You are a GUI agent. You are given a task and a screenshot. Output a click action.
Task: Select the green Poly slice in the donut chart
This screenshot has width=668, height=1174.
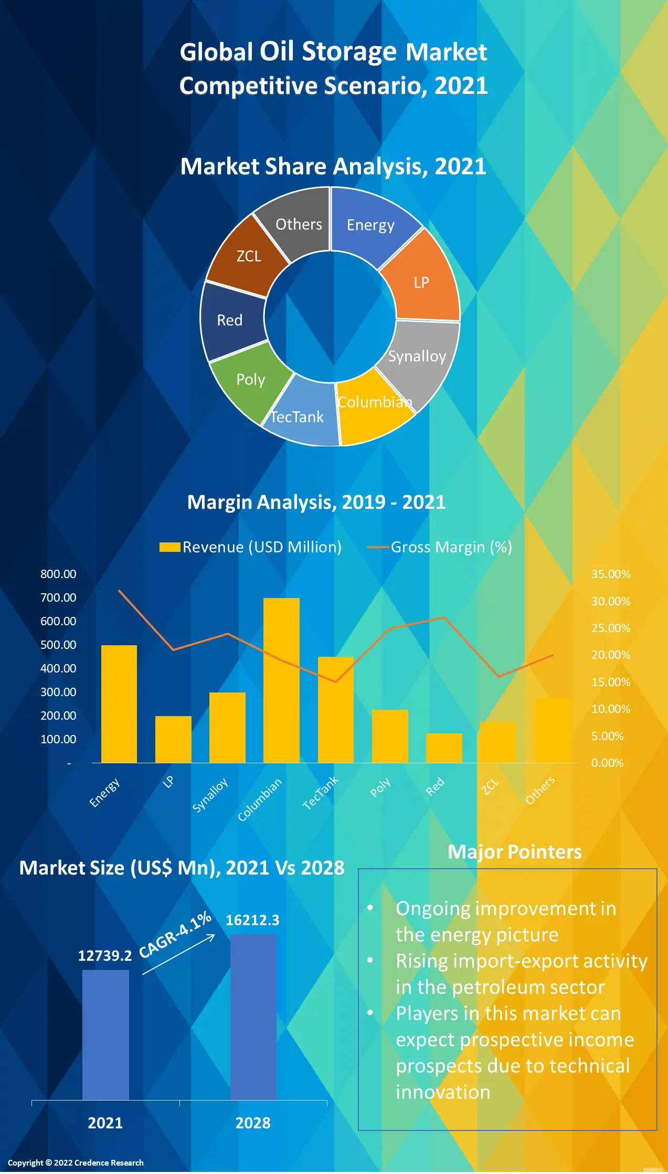point(249,380)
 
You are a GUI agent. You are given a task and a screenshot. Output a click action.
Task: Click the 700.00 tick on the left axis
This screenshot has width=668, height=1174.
point(58,597)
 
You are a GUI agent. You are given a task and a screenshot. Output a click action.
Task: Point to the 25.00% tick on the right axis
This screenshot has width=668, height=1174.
point(611,628)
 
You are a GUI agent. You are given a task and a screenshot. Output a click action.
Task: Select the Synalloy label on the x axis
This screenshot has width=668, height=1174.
point(210,795)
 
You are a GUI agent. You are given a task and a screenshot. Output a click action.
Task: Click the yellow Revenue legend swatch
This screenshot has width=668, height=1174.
point(169,547)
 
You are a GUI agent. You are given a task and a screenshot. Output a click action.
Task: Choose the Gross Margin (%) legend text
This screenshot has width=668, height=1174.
point(451,547)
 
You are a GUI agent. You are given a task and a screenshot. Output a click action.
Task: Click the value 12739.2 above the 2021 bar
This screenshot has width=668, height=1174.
point(105,956)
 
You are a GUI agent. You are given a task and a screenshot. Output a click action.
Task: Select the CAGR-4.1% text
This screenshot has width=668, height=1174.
point(175,935)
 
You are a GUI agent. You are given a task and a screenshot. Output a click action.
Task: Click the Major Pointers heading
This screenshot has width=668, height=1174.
point(514,851)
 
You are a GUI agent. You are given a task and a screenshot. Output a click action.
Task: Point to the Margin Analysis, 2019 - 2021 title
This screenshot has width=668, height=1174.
point(316,502)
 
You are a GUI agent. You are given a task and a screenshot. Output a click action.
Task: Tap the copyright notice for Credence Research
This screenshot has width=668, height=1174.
point(76,1162)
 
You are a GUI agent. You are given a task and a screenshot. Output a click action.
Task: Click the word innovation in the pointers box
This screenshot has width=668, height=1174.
point(443,1092)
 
